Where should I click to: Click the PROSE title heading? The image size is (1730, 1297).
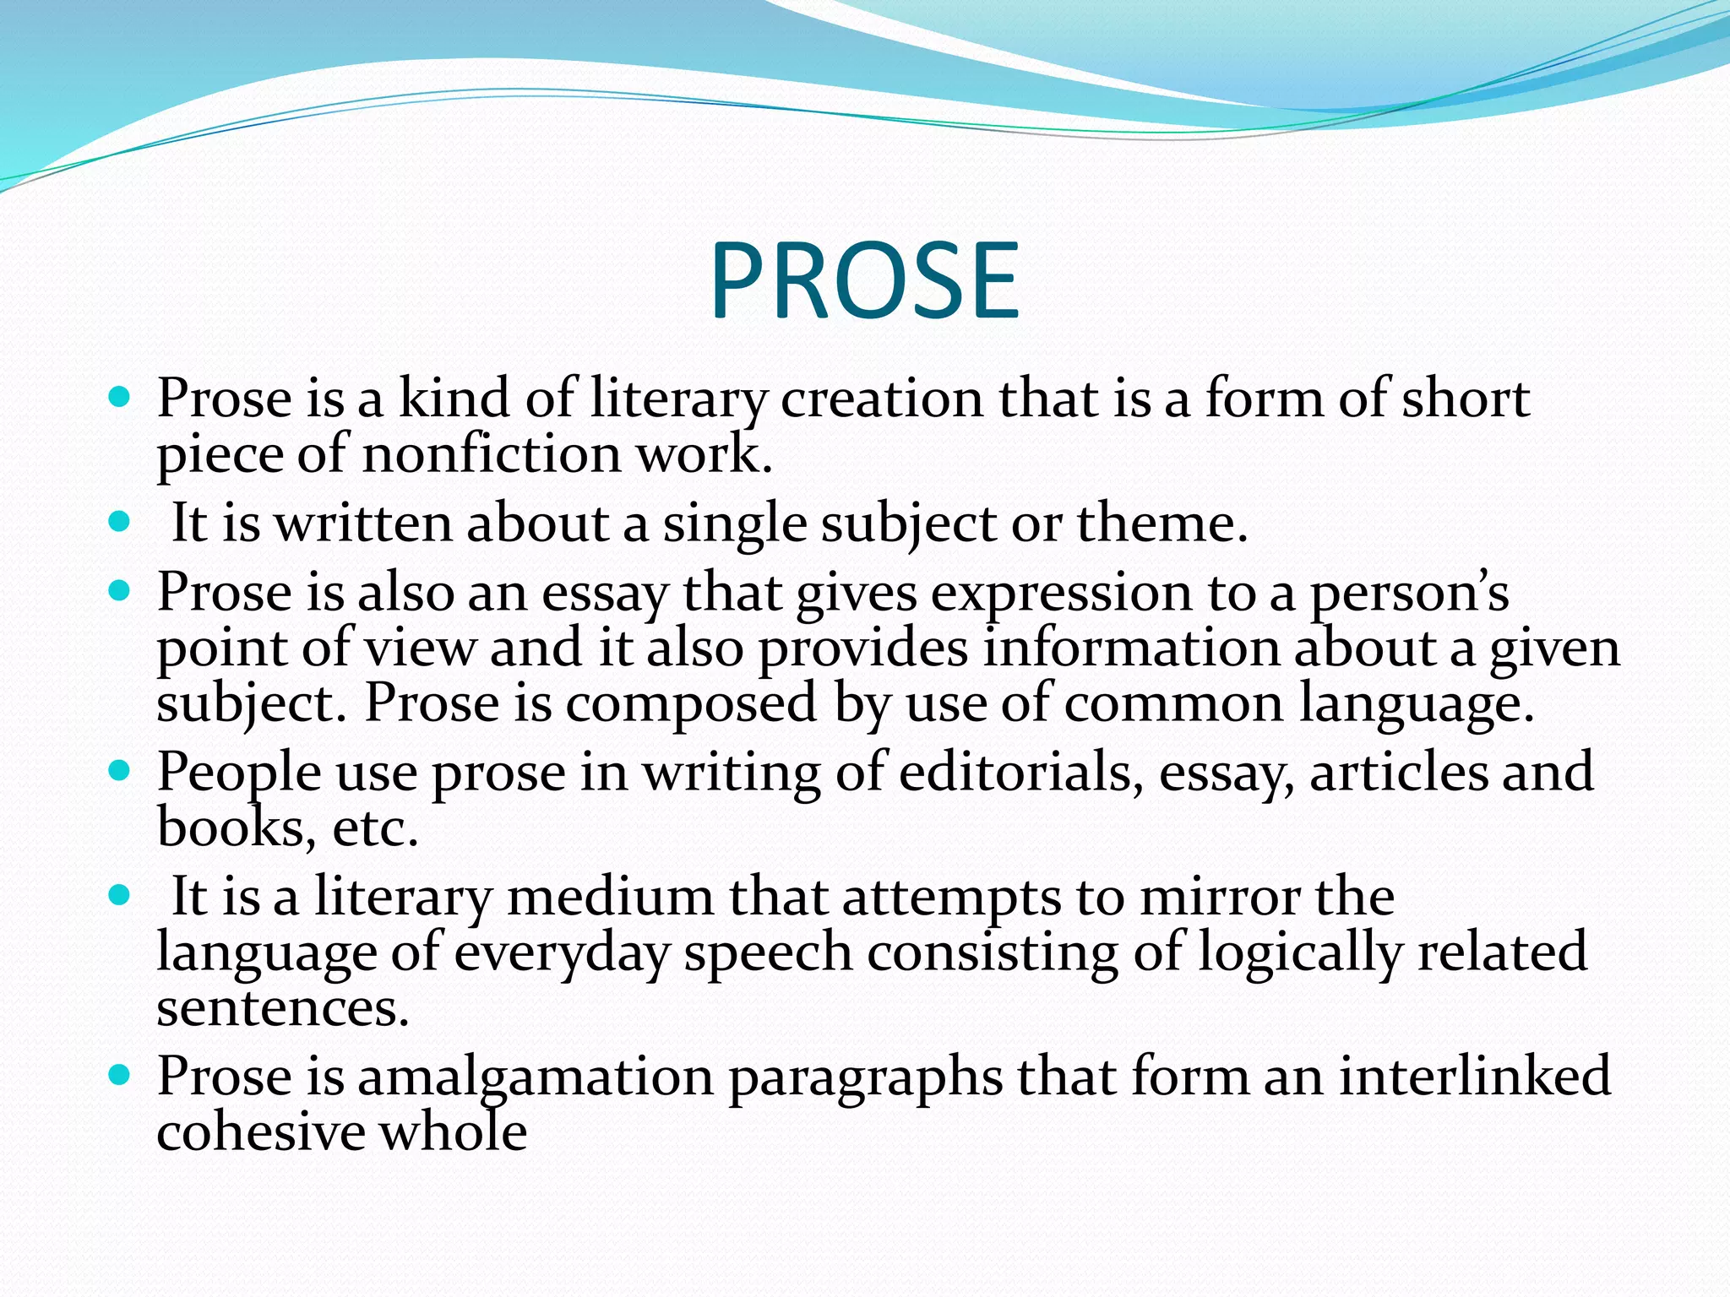point(865,280)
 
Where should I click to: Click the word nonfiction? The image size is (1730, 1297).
point(492,454)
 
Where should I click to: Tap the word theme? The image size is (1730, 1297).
point(1161,524)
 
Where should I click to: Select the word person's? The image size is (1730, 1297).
point(1409,593)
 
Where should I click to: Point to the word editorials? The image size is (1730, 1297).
point(1014,772)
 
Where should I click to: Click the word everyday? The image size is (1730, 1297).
point(562,952)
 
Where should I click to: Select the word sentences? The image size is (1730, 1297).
point(283,1008)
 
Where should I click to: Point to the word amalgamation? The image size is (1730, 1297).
point(536,1077)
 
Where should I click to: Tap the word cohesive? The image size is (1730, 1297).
point(260,1132)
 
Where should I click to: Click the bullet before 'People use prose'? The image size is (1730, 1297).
point(120,770)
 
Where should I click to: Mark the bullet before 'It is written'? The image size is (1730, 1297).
point(120,522)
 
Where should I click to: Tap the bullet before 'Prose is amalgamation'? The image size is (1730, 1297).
point(120,1075)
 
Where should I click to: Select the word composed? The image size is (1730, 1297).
point(691,703)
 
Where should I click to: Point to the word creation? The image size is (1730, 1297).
point(882,399)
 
